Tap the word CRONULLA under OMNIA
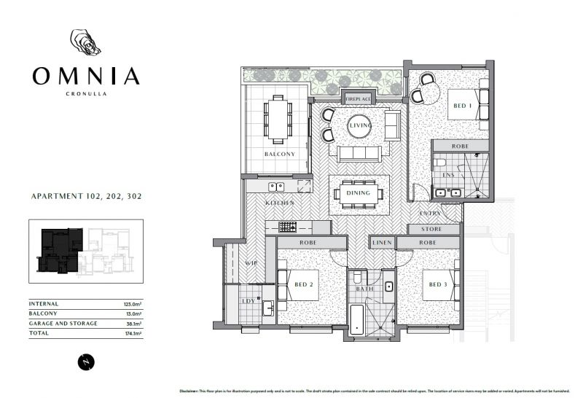click(85, 93)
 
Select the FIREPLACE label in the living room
click(359, 98)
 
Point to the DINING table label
click(359, 194)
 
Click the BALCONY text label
click(279, 155)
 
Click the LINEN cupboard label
click(383, 243)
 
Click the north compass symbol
click(86, 360)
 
